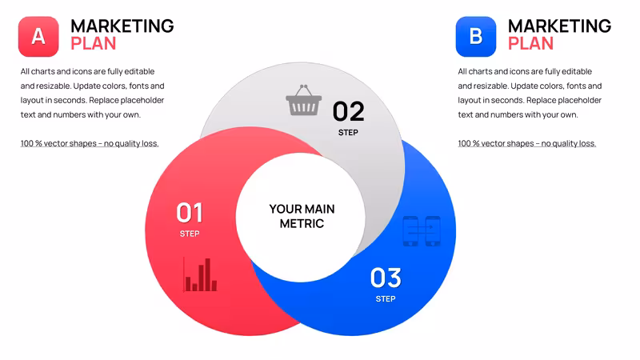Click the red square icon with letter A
click(x=38, y=37)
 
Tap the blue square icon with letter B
click(x=476, y=37)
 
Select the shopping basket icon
click(x=304, y=100)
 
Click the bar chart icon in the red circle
click(x=200, y=274)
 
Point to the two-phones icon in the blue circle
click(x=422, y=231)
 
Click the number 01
click(x=190, y=213)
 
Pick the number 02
click(x=348, y=111)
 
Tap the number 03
click(x=386, y=278)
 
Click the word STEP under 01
click(x=190, y=234)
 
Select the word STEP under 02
click(x=348, y=133)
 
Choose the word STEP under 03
click(x=386, y=298)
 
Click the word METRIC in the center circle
click(x=302, y=224)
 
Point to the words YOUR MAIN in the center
click(x=302, y=209)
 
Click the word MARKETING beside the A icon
click(x=122, y=26)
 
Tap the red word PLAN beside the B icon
click(x=530, y=44)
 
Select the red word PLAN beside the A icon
click(x=94, y=44)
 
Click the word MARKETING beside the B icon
click(x=559, y=26)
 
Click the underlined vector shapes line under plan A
click(x=90, y=144)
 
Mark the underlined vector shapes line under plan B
click(x=527, y=144)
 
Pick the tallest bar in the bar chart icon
click(x=208, y=274)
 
